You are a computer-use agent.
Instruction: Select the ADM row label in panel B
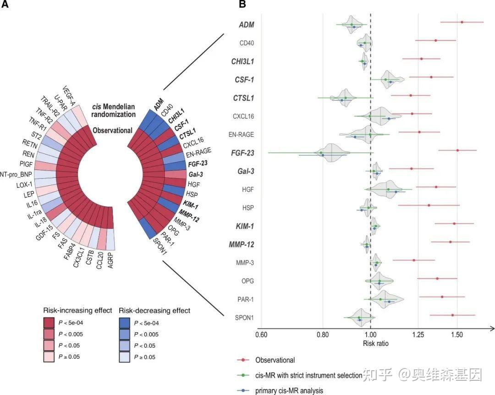click(x=247, y=25)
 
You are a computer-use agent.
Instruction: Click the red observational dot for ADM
click(x=462, y=22)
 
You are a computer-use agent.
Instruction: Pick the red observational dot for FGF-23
click(x=457, y=150)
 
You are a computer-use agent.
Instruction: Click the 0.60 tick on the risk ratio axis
click(x=261, y=335)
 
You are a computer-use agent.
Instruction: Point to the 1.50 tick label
click(x=457, y=335)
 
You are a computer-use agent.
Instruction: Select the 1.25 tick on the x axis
click(x=418, y=335)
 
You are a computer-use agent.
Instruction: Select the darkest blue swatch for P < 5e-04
click(x=124, y=323)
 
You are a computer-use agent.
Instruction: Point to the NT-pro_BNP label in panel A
click(x=18, y=174)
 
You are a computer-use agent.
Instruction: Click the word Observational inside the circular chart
click(x=113, y=131)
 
